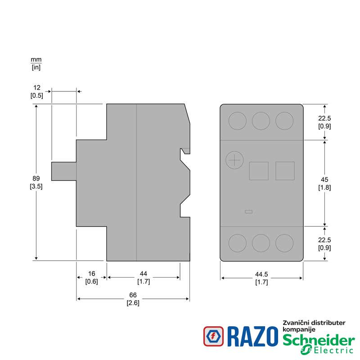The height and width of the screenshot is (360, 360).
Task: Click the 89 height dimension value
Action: click(x=36, y=178)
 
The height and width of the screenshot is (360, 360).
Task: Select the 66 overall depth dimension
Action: click(x=133, y=295)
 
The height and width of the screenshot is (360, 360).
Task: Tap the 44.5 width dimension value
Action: click(x=261, y=274)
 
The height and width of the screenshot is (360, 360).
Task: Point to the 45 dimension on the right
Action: click(x=324, y=180)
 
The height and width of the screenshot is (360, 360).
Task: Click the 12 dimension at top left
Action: click(x=37, y=87)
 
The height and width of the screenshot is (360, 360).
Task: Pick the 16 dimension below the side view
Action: click(x=92, y=274)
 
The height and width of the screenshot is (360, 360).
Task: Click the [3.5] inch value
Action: click(x=36, y=186)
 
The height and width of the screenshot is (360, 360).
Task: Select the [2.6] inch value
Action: click(x=133, y=303)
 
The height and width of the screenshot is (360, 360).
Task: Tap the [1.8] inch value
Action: click(x=324, y=188)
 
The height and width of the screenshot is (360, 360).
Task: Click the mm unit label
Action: click(x=36, y=60)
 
